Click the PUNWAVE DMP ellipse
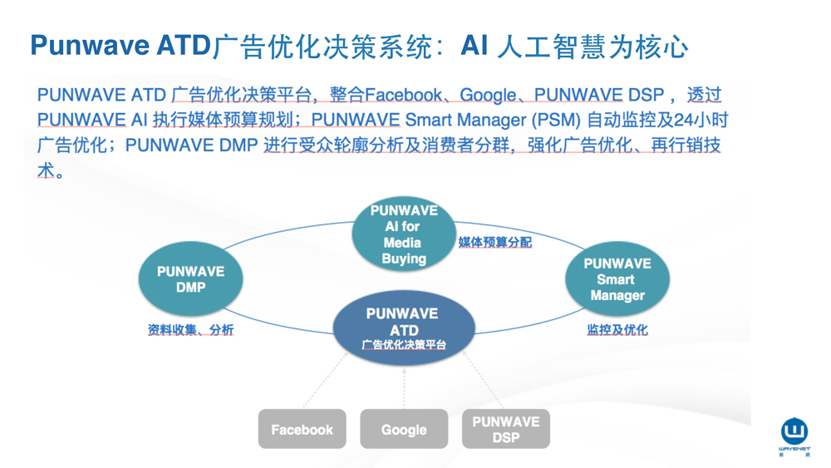[190, 279]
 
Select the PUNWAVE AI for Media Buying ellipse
[404, 234]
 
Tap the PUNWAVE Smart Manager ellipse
[617, 279]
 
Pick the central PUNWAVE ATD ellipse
[403, 328]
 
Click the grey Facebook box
[302, 429]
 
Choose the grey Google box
[404, 429]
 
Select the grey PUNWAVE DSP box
[505, 429]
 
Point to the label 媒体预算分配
[494, 243]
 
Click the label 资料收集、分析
[190, 330]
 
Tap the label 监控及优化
[617, 330]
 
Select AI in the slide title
[474, 46]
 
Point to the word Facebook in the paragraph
[404, 95]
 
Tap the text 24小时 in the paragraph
[701, 120]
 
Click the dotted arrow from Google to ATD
[404, 386]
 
